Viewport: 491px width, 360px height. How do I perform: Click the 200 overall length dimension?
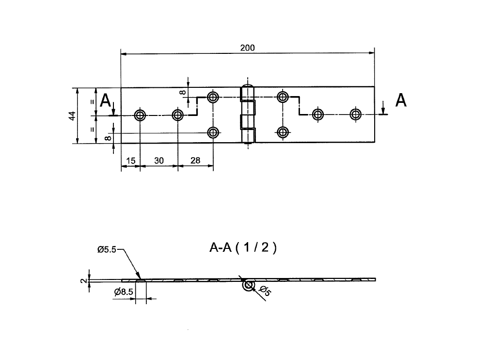coord(247,48)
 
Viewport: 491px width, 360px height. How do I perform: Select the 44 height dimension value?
coord(72,115)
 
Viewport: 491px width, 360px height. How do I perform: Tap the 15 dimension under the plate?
coord(130,160)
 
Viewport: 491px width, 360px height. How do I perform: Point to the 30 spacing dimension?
coord(158,160)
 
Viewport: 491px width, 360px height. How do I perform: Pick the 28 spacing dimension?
coord(195,160)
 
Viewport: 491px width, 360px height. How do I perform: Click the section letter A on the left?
coord(105,100)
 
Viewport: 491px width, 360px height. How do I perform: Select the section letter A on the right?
coord(401,100)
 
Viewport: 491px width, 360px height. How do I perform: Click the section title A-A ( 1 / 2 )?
coord(243,248)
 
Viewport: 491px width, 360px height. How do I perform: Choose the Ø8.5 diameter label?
coord(124,292)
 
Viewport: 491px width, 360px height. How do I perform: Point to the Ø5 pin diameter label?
coord(265,291)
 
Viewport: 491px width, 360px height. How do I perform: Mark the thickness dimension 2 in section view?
coord(83,280)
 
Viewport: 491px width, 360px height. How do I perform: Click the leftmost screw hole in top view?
coord(140,115)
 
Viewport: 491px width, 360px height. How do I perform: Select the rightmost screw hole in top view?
coord(356,115)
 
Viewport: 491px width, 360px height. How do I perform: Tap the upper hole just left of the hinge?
coord(212,97)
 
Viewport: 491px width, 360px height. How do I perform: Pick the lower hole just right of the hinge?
coord(283,132)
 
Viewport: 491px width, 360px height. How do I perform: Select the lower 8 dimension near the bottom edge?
coord(108,138)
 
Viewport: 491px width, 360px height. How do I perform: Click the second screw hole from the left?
coord(177,115)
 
